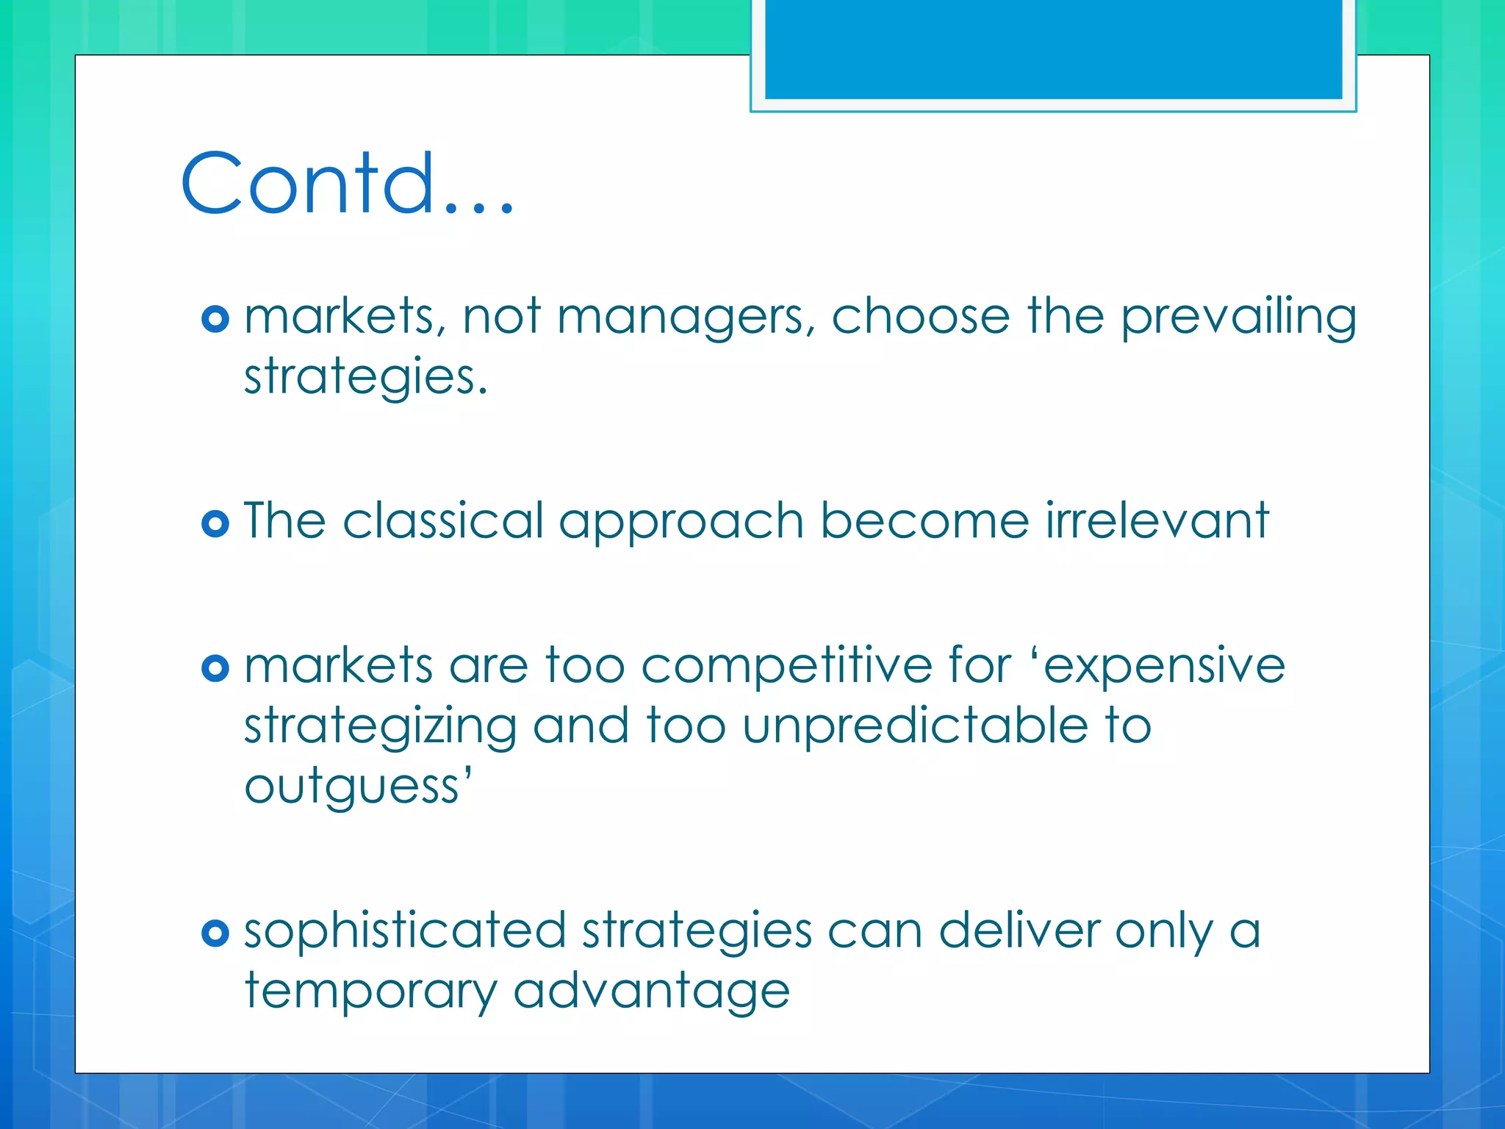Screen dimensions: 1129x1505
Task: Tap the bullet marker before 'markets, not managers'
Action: (215, 319)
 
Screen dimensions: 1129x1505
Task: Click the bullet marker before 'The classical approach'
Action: (215, 523)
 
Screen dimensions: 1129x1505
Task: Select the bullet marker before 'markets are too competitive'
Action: (215, 668)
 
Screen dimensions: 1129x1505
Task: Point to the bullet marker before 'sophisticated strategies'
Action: (215, 933)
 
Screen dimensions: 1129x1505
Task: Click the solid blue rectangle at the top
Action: (1053, 49)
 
